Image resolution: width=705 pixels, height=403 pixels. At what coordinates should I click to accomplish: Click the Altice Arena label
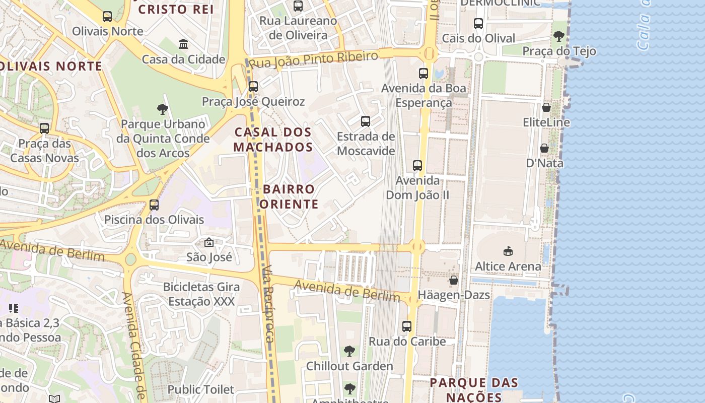[508, 266]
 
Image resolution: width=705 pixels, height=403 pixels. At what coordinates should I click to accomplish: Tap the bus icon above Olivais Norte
[107, 17]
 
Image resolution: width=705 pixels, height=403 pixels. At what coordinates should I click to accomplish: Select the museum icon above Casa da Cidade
[183, 44]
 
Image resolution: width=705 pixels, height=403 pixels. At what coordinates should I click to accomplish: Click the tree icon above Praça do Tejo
[558, 36]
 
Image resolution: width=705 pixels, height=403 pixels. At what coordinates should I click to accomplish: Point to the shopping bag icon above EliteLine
[546, 107]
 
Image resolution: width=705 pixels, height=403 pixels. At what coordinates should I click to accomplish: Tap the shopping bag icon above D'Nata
[544, 148]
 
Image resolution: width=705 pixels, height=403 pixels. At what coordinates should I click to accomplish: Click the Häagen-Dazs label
[454, 295]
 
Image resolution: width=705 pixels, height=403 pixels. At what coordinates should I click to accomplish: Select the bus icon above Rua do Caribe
[407, 326]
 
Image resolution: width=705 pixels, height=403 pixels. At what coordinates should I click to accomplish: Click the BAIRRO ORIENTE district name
[289, 196]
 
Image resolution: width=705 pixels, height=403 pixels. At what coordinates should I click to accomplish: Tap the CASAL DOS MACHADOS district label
[273, 140]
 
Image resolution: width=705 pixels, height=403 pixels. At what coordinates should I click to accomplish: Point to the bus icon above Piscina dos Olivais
[154, 205]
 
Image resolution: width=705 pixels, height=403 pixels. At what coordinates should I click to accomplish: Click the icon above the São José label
[209, 242]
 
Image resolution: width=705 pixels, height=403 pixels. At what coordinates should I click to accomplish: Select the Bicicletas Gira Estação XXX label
[201, 294]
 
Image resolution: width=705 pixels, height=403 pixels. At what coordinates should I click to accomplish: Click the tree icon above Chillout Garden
[349, 351]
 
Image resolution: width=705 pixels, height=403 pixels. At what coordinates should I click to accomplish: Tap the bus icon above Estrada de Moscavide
[366, 121]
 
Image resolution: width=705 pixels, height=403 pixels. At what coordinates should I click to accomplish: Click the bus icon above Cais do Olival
[478, 24]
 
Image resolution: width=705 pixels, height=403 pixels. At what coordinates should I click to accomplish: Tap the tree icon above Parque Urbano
[162, 109]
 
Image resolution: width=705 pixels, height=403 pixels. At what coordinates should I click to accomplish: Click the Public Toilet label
[200, 389]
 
